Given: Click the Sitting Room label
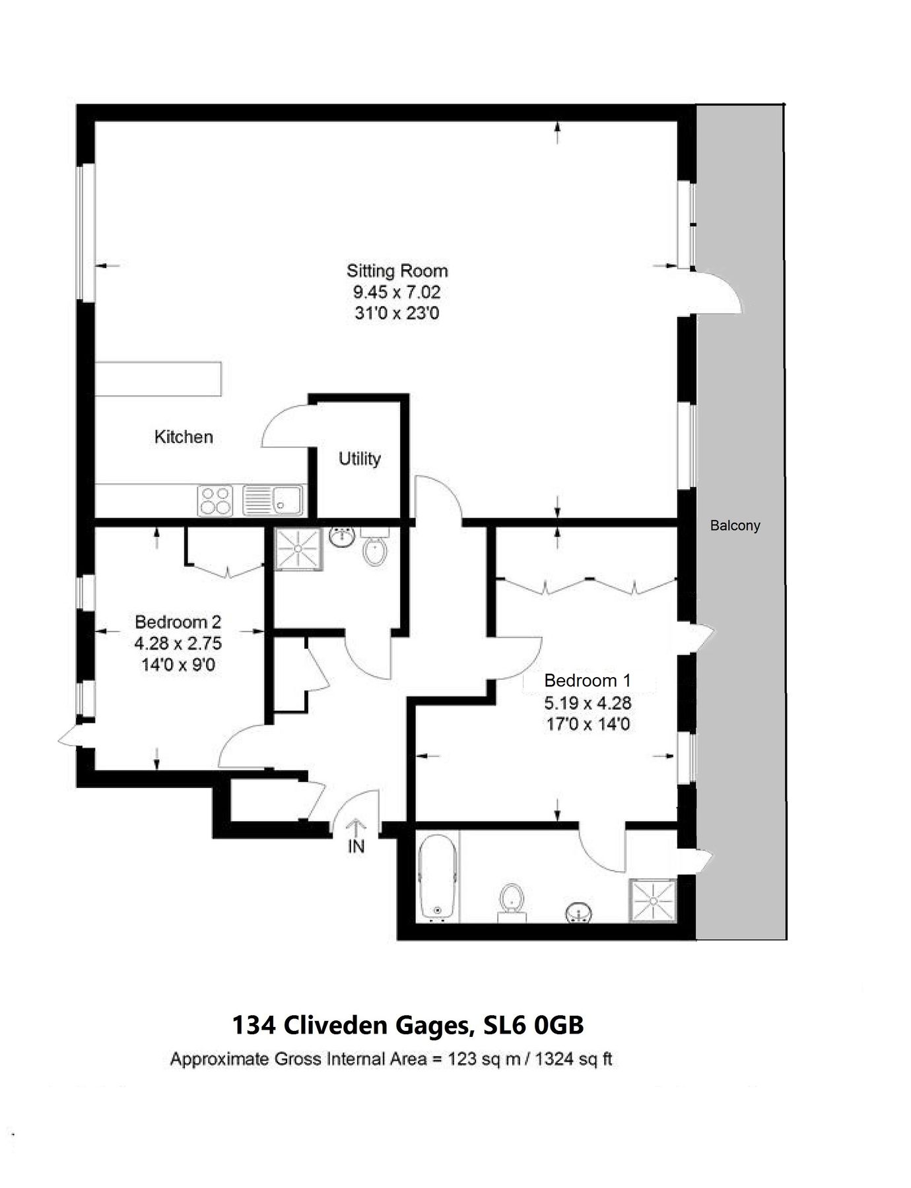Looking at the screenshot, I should [x=397, y=271].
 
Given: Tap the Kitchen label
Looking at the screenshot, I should [x=184, y=437].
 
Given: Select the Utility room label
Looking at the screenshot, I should [x=360, y=459].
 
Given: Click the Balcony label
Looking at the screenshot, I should [x=735, y=526].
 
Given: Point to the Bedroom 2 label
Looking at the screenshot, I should [x=178, y=622].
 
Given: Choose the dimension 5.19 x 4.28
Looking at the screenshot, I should [x=587, y=702].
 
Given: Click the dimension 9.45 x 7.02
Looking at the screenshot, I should [x=397, y=292].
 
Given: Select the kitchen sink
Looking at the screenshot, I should [x=273, y=500].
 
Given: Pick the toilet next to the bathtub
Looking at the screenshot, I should [x=512, y=902].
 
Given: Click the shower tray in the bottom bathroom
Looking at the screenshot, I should [x=652, y=900].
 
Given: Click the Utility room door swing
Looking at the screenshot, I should [x=286, y=429].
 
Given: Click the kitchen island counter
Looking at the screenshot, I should [x=158, y=378].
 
